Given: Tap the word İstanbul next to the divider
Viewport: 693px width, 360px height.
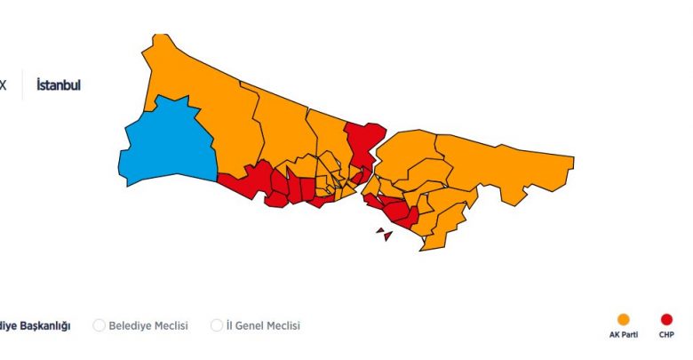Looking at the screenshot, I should pyautogui.click(x=59, y=85).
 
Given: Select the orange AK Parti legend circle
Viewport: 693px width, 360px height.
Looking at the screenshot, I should pyautogui.click(x=624, y=320).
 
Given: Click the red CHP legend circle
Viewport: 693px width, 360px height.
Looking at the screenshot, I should pyautogui.click(x=666, y=320).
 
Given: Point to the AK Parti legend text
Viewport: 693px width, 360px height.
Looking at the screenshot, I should pyautogui.click(x=624, y=336).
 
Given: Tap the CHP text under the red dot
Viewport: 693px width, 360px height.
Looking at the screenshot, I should pyautogui.click(x=666, y=336).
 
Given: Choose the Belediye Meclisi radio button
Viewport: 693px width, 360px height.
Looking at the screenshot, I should pyautogui.click(x=100, y=325).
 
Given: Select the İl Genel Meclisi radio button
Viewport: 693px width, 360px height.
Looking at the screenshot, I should pyautogui.click(x=217, y=325).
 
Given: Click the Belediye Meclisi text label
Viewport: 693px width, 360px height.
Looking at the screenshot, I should pyautogui.click(x=147, y=325).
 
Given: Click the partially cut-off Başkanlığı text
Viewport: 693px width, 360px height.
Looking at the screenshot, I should pyautogui.click(x=36, y=325).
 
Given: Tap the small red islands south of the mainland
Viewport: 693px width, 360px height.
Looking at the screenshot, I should pyautogui.click(x=384, y=234).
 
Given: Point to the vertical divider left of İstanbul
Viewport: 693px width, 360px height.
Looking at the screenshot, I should pyautogui.click(x=22, y=85).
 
